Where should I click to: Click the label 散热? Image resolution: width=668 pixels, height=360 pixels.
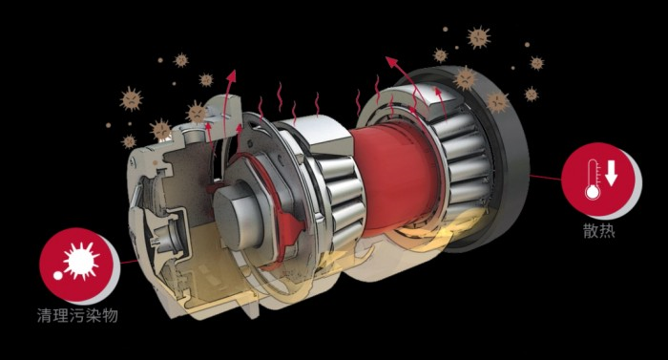tap(599, 231)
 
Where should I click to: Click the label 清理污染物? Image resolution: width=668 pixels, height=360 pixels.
tap(77, 316)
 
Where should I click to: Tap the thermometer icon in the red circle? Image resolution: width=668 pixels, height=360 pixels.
tap(593, 180)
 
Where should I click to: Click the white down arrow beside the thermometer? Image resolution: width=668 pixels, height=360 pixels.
tap(612, 173)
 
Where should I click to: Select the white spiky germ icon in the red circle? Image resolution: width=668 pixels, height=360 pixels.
tap(81, 261)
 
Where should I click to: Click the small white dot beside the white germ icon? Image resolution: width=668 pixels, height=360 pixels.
tap(58, 276)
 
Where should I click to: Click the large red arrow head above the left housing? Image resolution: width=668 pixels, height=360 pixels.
tap(232, 75)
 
